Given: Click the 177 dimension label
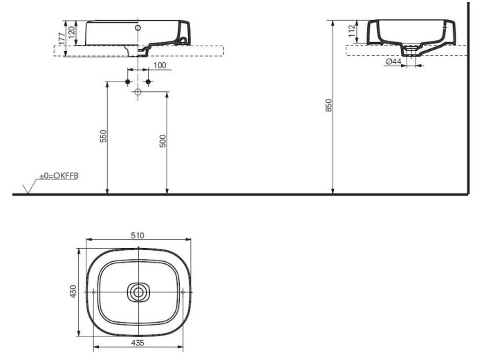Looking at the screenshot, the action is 62,39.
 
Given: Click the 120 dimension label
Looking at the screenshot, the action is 71,32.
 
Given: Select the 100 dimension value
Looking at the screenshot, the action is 160,65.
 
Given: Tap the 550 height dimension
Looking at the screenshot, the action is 103,136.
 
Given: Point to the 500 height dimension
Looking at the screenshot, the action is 162,141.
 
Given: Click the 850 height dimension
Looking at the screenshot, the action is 328,105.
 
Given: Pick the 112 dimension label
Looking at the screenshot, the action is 352,31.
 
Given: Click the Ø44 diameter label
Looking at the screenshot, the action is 393,61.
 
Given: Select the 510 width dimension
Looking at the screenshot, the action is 138,236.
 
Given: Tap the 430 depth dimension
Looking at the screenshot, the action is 73,292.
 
